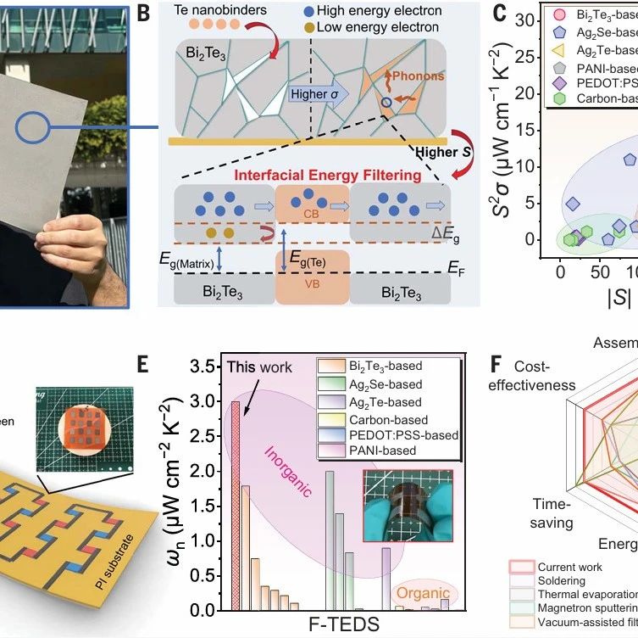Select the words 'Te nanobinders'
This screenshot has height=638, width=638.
[228, 12]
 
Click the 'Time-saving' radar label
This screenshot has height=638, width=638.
[552, 512]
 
